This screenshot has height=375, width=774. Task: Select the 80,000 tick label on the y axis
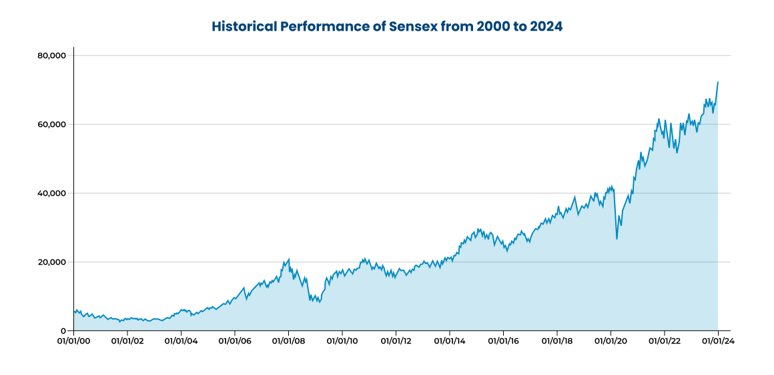coord(53,55)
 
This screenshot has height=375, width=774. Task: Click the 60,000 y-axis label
coord(53,124)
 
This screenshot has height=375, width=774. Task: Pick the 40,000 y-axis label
coord(53,193)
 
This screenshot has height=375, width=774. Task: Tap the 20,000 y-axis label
coord(53,262)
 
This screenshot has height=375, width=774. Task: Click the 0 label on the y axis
coord(63,331)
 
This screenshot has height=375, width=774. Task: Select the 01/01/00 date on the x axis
coord(73,340)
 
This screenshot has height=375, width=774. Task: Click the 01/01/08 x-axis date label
coord(288,340)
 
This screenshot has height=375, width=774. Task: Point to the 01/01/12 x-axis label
coord(396,340)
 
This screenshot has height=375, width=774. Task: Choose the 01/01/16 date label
coord(503,340)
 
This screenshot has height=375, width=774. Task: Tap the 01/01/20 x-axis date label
coord(611,340)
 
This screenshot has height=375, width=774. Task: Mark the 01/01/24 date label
coord(718,340)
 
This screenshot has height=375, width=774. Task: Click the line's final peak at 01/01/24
coord(718,82)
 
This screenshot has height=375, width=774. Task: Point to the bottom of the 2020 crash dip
coord(617,239)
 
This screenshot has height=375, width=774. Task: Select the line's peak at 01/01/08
coord(288,259)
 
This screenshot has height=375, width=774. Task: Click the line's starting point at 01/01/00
coord(74,311)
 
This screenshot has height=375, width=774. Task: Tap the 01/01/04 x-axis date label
coord(181,340)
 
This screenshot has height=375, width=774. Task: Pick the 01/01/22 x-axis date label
coord(665,340)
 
